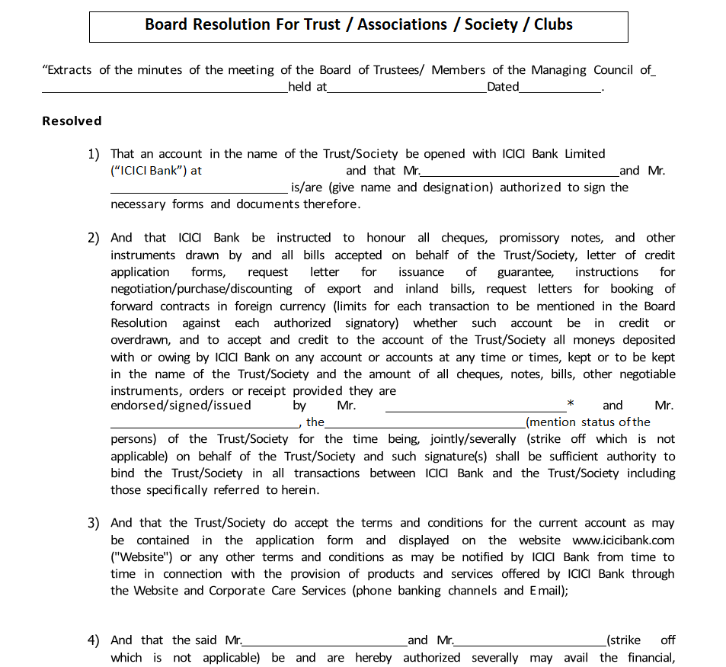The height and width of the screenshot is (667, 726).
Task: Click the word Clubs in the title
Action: [553, 24]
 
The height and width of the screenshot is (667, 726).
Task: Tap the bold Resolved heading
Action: [72, 120]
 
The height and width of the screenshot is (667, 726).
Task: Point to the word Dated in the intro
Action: [503, 87]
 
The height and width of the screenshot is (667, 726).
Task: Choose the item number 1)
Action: [93, 154]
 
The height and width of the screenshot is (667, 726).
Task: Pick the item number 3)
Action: [93, 523]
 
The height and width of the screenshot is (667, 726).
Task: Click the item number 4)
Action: [93, 640]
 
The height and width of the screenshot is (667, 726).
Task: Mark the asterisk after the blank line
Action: [571, 403]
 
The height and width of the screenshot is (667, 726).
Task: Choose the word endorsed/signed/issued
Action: [181, 406]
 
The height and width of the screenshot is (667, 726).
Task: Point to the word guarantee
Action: [525, 272]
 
